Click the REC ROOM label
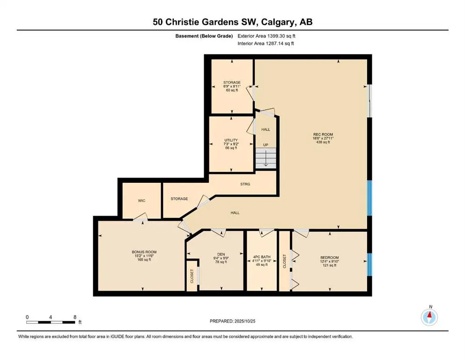coord(323,134)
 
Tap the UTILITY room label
coord(231,140)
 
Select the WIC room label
coord(141,201)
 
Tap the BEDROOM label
coord(329,257)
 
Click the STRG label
coord(245,184)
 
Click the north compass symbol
coord(429,317)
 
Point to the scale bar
coord(51,322)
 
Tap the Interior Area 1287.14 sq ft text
coord(268,44)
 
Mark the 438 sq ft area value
coord(323,142)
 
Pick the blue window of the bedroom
coord(369,266)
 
